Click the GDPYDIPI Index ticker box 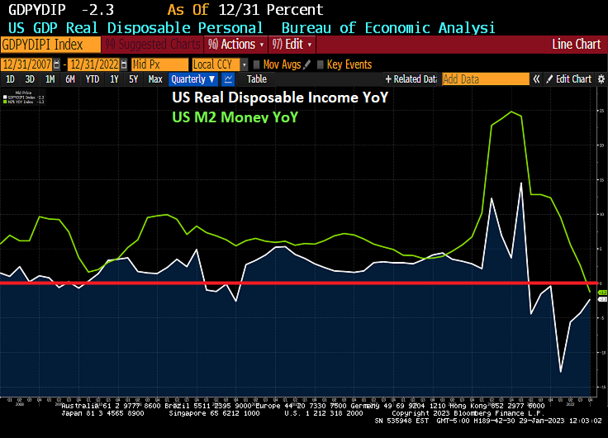point(50,44)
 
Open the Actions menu point(236,44)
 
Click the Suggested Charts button point(152,44)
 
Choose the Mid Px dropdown point(159,64)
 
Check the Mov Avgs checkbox point(257,64)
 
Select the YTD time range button point(92,79)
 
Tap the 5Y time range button point(134,79)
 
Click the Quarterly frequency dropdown point(192,79)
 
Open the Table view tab point(257,79)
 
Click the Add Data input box point(485,79)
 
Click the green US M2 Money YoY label point(235,117)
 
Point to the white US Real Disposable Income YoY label point(279,98)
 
